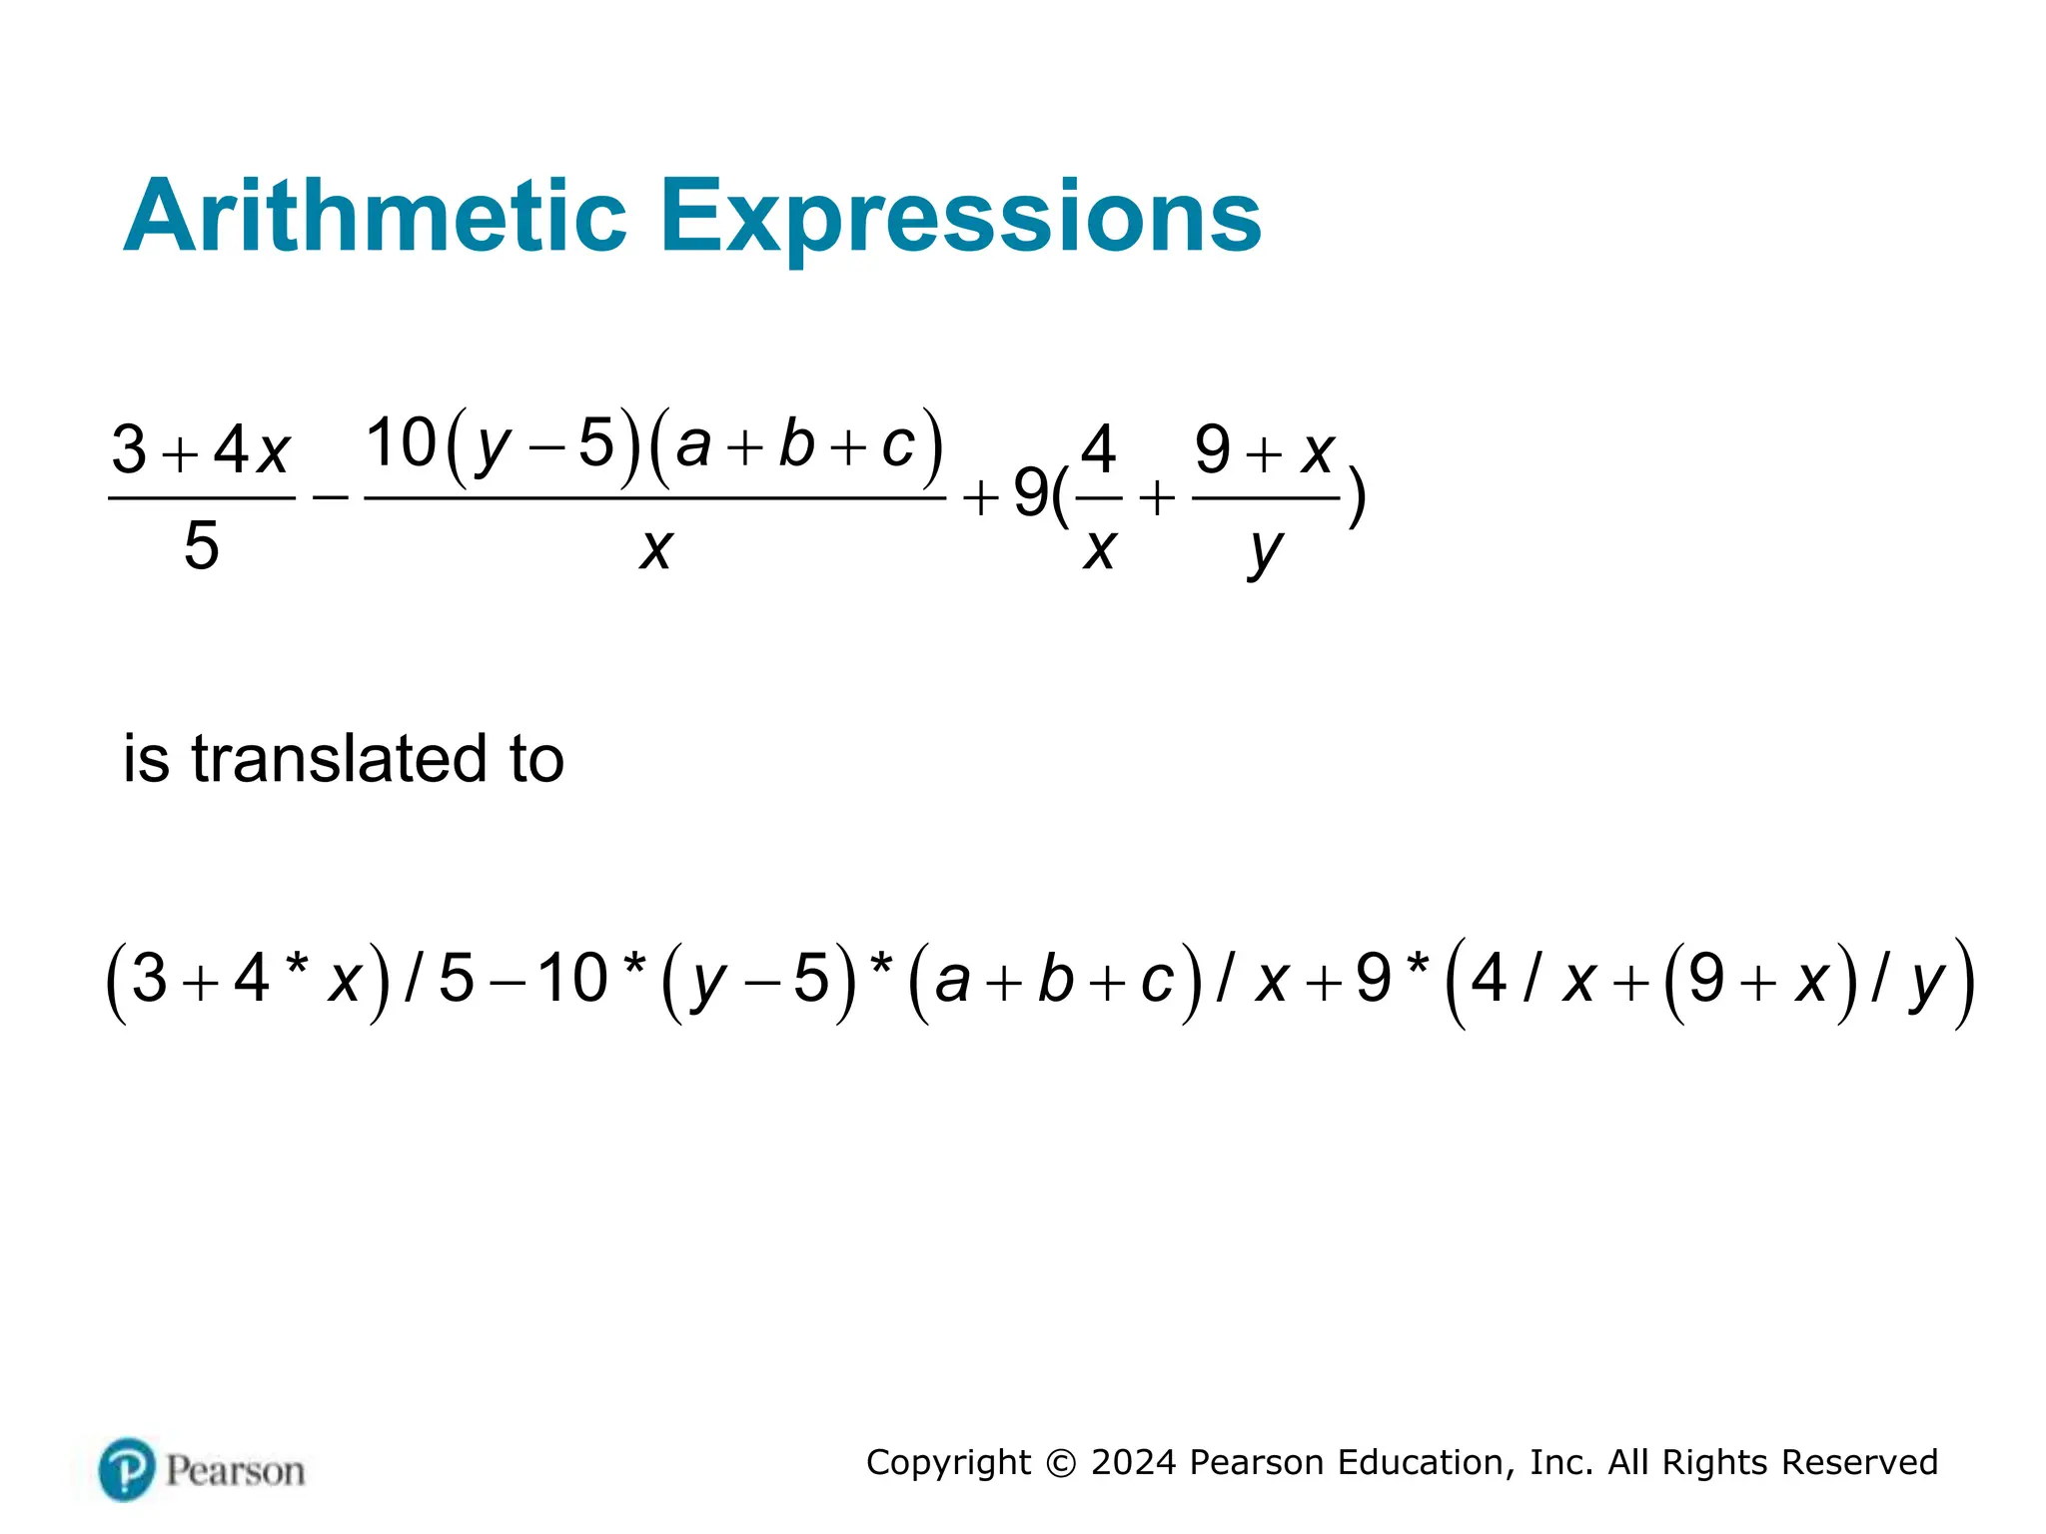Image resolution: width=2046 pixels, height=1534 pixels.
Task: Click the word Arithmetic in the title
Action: [x=375, y=216]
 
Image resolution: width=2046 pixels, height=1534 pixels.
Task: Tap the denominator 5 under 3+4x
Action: [x=201, y=546]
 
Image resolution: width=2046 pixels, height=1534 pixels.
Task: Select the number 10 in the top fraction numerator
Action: [x=402, y=442]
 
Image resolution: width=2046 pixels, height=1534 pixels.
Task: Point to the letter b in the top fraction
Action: [x=796, y=443]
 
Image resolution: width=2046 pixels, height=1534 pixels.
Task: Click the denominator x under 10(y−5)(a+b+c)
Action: [x=656, y=548]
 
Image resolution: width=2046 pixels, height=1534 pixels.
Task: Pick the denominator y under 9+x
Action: [x=1265, y=550]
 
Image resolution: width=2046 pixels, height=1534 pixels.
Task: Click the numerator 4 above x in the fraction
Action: [x=1098, y=449]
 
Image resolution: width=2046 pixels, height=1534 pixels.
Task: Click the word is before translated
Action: [x=146, y=758]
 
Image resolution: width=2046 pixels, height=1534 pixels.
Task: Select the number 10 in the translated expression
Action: [x=572, y=978]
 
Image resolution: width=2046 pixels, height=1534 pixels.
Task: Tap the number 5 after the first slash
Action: [x=457, y=978]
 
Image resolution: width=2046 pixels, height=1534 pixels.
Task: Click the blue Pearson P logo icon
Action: [x=127, y=1469]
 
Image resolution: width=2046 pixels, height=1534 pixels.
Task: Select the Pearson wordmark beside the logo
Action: [x=235, y=1471]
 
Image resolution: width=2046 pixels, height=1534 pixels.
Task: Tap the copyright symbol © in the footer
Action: [x=1061, y=1463]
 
